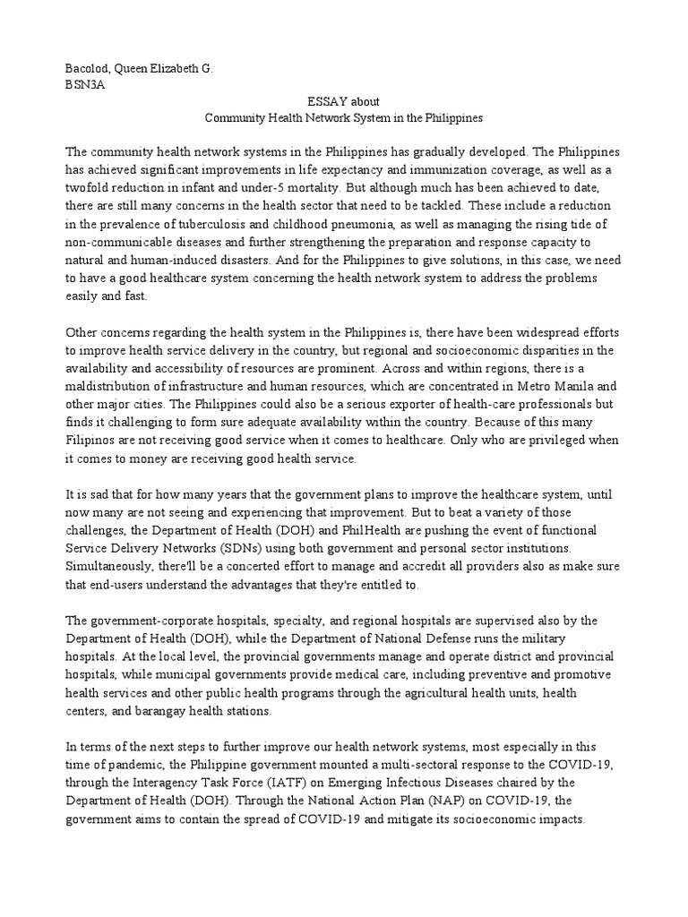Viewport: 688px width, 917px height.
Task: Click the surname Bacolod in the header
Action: point(88,69)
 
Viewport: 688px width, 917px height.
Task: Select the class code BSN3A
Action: point(85,86)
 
